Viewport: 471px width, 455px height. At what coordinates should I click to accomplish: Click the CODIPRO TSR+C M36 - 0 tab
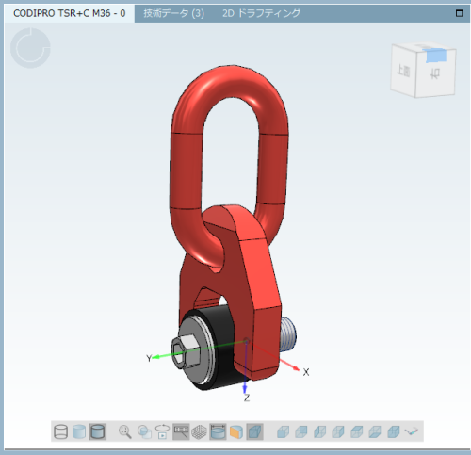click(70, 13)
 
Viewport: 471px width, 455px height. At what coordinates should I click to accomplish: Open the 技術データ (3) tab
click(173, 13)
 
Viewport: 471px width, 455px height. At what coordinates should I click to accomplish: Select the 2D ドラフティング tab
click(261, 13)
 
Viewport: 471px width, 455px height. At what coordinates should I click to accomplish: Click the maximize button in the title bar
click(459, 13)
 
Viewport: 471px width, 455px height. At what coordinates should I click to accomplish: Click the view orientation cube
click(423, 70)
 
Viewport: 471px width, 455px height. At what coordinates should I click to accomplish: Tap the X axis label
click(306, 372)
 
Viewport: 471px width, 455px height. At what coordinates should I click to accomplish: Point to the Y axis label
click(149, 358)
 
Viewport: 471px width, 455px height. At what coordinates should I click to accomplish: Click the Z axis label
click(247, 398)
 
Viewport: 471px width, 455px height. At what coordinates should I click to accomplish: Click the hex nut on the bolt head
click(186, 350)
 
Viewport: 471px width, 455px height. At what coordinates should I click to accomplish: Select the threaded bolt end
click(287, 334)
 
